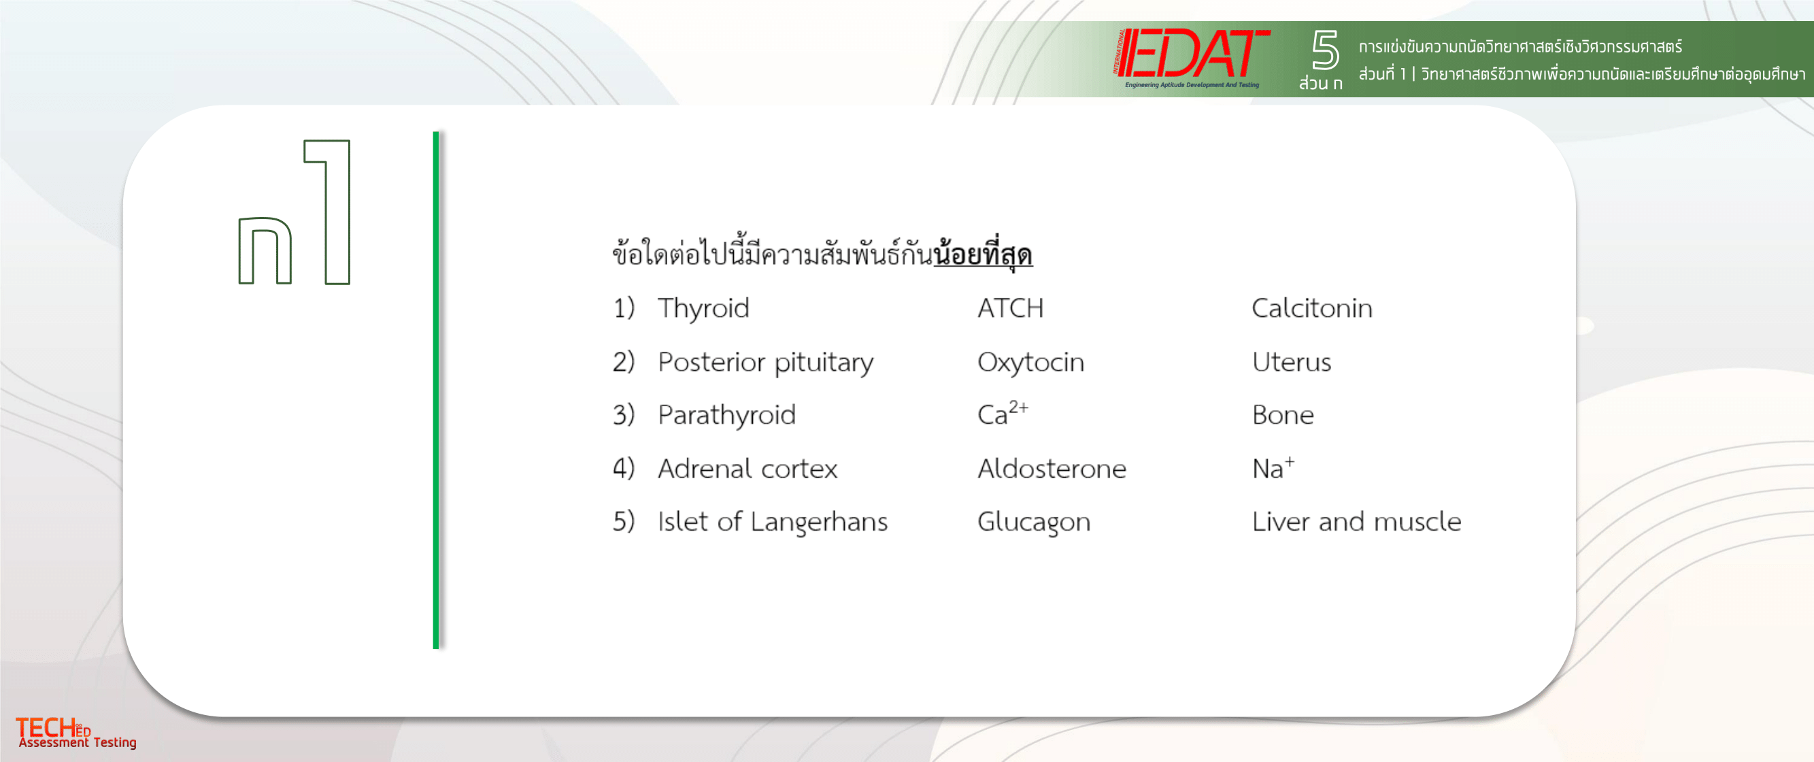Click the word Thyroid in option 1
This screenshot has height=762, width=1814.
(703, 308)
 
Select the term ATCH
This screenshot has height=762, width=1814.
(1011, 308)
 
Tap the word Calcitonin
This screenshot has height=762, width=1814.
(1312, 308)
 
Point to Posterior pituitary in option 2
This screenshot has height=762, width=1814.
(765, 362)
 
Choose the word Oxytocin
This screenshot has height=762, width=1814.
(1031, 362)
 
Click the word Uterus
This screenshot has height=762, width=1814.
(1292, 362)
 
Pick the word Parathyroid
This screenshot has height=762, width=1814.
(726, 415)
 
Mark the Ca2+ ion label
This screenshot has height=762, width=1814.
(1003, 414)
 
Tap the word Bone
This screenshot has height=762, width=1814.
(1283, 415)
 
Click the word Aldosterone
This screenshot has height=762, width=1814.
(1052, 468)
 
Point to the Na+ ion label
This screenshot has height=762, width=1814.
(1273, 467)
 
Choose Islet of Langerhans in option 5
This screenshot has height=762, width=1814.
(773, 522)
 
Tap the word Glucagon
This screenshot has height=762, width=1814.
(1034, 522)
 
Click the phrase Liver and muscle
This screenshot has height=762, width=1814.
(1356, 522)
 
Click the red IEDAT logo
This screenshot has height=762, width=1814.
(1192, 56)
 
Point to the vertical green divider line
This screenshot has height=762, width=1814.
(436, 389)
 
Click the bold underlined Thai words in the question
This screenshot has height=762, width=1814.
(983, 254)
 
